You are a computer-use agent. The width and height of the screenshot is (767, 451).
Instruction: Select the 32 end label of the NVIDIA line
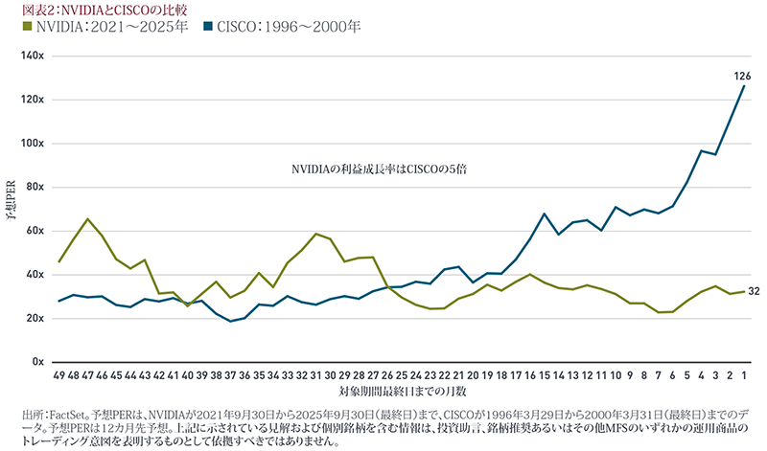click(754, 291)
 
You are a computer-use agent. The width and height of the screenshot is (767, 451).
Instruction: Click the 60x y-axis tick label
click(35, 231)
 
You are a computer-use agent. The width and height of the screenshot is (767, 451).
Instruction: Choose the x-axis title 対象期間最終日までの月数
click(402, 393)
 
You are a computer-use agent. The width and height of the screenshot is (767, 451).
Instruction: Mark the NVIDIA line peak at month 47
click(88, 219)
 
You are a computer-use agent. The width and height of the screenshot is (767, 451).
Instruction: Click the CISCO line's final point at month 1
click(744, 86)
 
